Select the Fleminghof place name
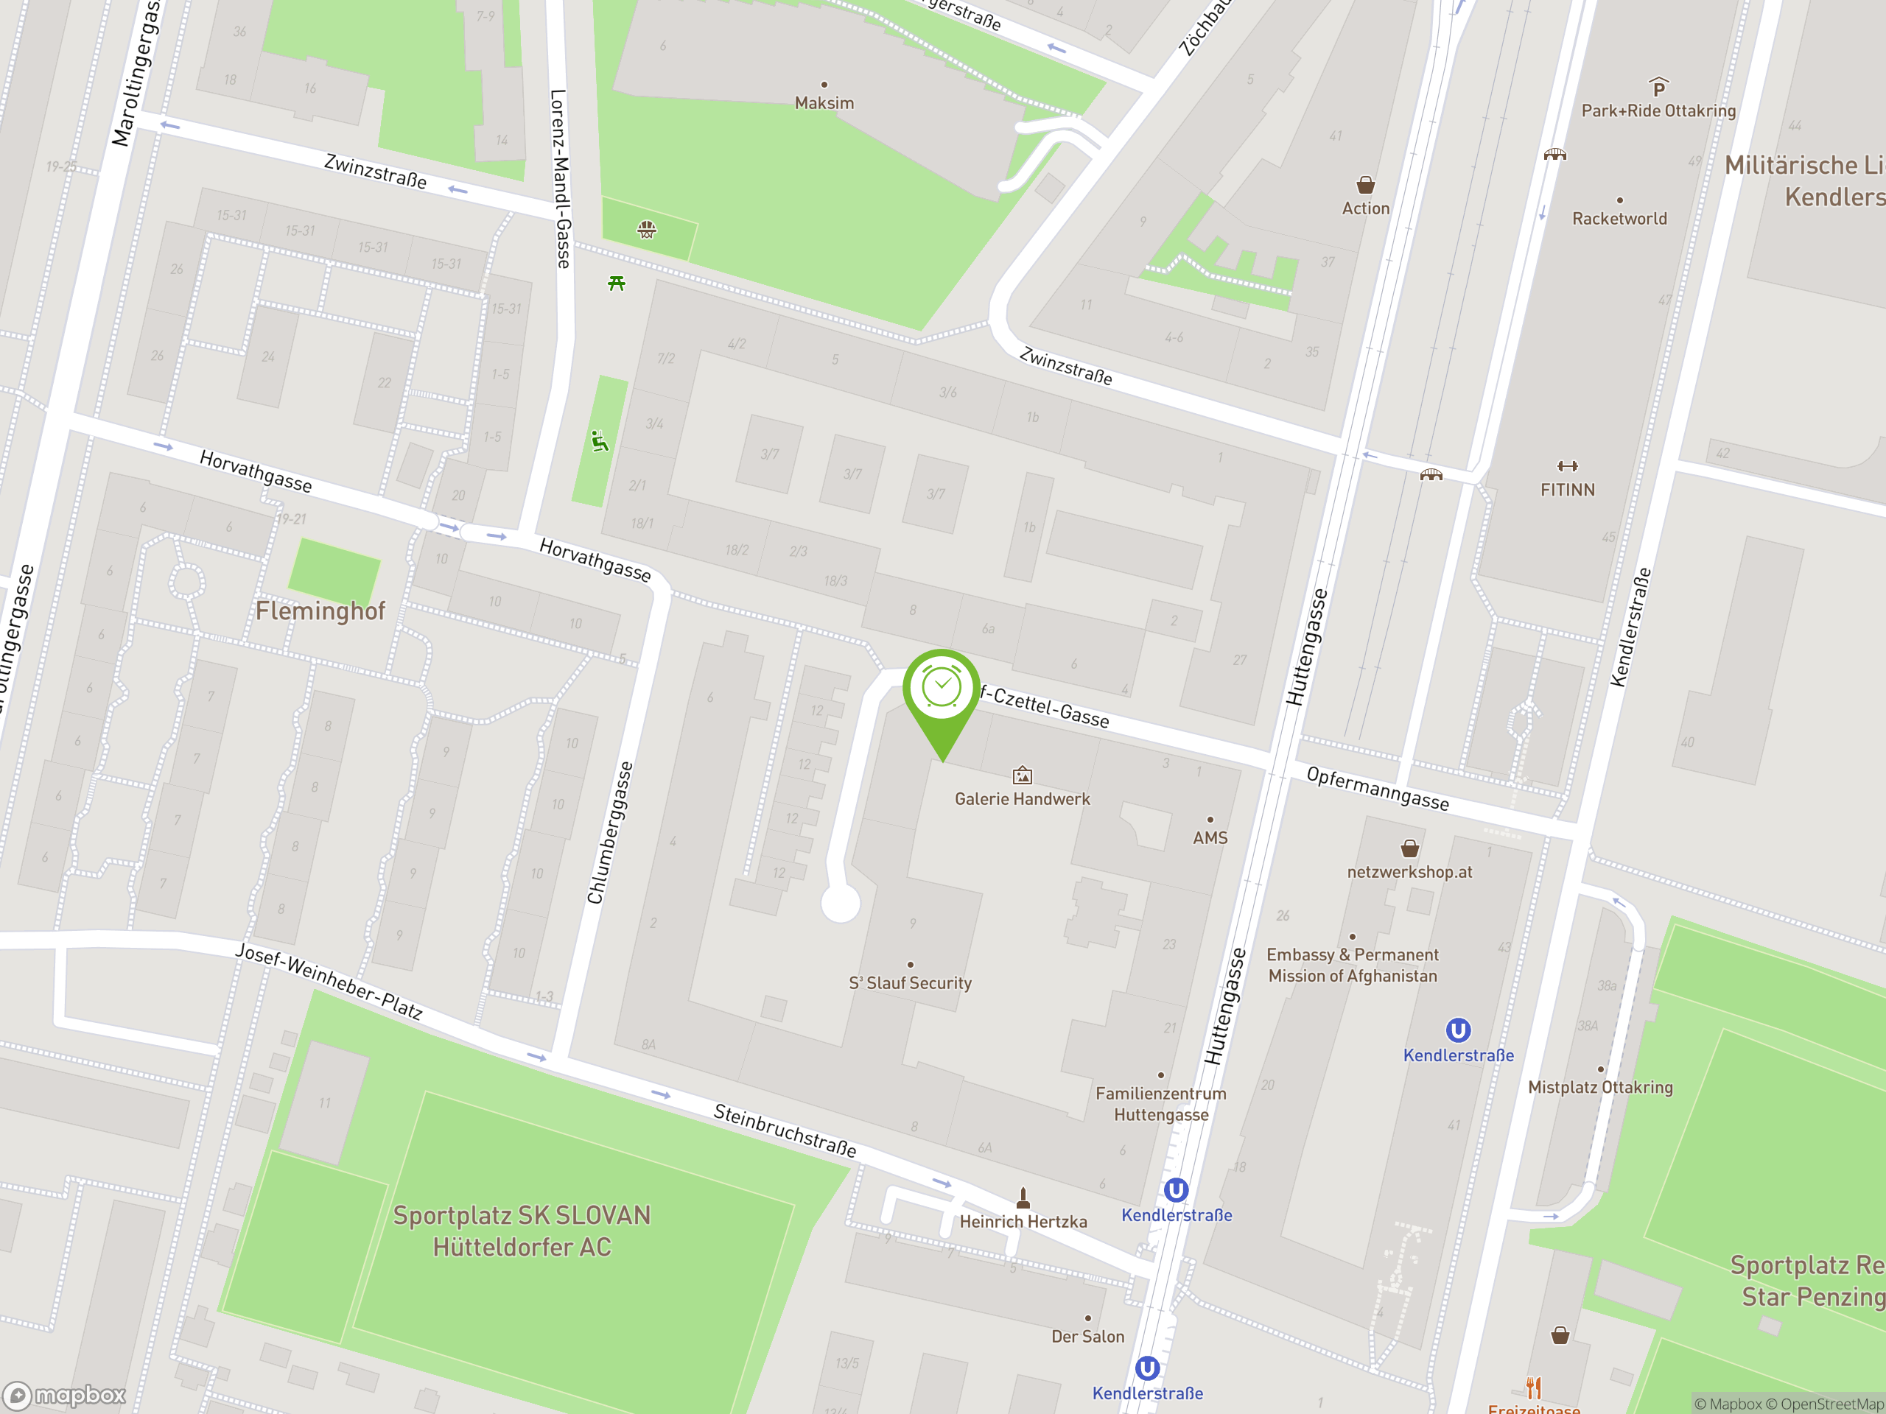click(320, 611)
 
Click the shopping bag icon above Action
click(1365, 185)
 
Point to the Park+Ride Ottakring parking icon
click(1658, 87)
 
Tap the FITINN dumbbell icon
click(1567, 466)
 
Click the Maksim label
click(824, 103)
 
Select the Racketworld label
click(1619, 218)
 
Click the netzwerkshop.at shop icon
click(1409, 848)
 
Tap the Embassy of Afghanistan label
click(1353, 965)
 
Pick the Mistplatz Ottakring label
click(1599, 1087)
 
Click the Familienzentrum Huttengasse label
click(1160, 1104)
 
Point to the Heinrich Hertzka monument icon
click(1023, 1198)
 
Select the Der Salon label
click(1087, 1337)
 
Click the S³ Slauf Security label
click(910, 982)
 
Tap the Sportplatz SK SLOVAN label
click(522, 1231)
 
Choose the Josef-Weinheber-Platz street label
click(329, 981)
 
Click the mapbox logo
click(65, 1396)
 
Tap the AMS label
click(1210, 838)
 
